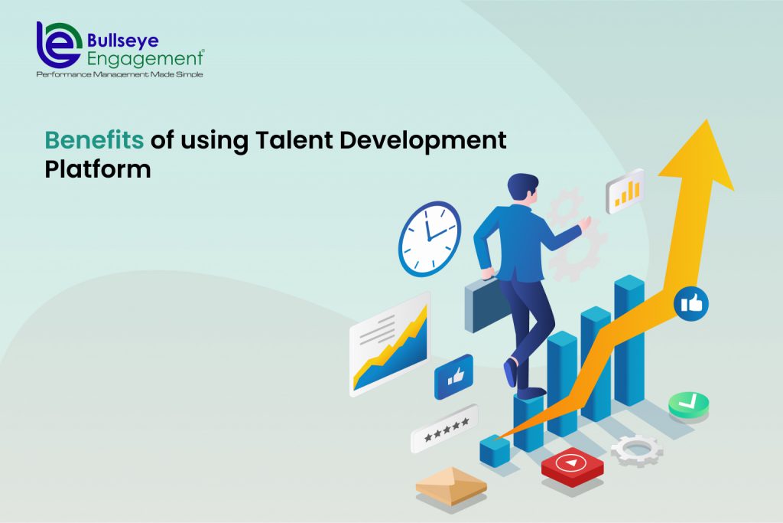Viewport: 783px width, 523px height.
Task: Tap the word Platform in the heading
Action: click(x=97, y=170)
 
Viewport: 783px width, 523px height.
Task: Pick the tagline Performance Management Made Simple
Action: click(x=119, y=74)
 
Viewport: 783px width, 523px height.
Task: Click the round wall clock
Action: click(x=430, y=238)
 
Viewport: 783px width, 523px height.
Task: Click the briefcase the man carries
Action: click(x=486, y=303)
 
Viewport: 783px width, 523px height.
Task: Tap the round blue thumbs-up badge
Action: click(x=690, y=304)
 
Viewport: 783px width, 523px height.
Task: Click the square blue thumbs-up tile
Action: click(x=453, y=377)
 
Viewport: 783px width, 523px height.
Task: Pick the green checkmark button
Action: click(x=688, y=404)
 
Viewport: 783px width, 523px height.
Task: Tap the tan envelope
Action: click(x=451, y=484)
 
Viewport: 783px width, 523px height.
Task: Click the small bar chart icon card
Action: click(x=625, y=191)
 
